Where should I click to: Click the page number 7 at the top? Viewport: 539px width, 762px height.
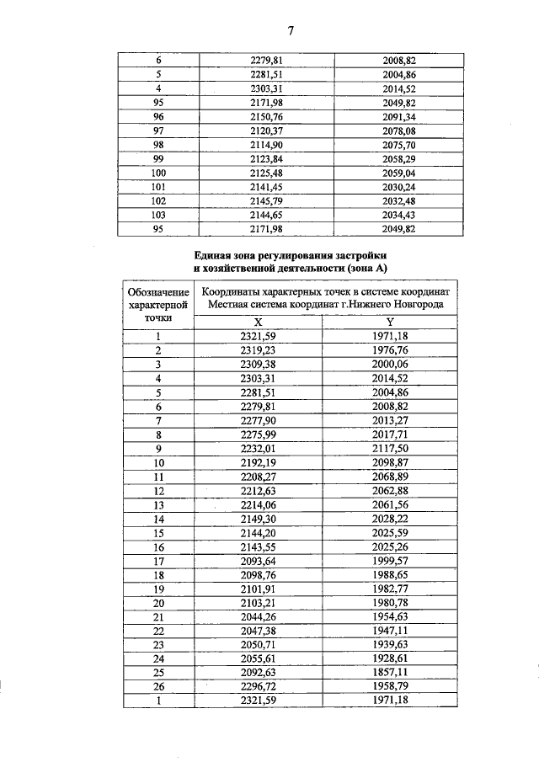coord(290,31)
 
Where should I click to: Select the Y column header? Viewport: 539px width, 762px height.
coord(390,321)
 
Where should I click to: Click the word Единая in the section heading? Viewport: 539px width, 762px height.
coord(215,254)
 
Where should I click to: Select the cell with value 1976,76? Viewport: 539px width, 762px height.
coord(389,349)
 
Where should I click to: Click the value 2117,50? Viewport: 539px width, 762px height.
coord(389,449)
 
